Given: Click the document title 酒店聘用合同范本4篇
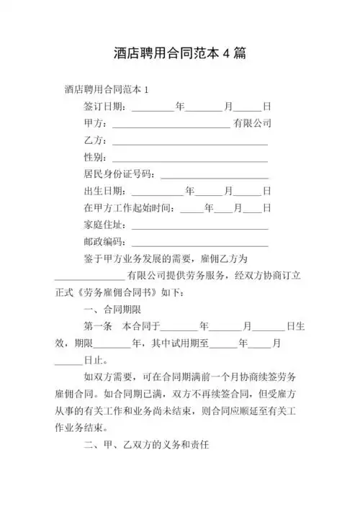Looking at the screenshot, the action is [180, 54].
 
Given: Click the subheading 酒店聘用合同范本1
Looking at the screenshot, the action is [106, 90].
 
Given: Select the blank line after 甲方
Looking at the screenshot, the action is [171, 124].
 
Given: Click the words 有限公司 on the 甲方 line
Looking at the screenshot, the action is [251, 123].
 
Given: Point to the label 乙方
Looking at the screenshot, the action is [95, 140].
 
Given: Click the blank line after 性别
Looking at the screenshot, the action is [189, 158].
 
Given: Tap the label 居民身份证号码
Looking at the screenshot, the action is [119, 174].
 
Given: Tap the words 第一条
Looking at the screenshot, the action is [98, 326].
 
